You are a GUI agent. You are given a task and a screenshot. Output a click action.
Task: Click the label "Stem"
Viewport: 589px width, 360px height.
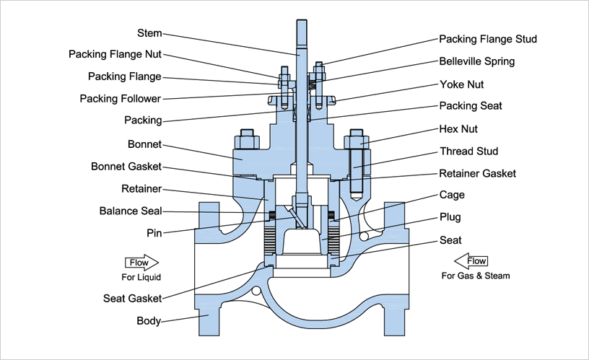(149, 33)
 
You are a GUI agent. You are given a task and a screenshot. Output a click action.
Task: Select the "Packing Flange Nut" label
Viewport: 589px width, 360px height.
(115, 54)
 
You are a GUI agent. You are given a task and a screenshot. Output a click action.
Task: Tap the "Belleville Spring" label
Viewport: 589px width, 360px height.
(476, 61)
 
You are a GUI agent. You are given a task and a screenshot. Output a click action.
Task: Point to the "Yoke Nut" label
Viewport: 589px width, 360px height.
(461, 84)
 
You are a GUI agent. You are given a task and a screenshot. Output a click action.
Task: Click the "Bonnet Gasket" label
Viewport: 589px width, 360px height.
(126, 167)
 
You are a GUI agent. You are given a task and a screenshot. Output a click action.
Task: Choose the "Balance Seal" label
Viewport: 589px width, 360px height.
(131, 211)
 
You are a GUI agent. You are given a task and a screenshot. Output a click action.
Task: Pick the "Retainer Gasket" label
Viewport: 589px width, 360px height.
(478, 174)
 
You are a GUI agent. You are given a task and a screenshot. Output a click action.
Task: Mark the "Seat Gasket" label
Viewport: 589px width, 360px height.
(131, 298)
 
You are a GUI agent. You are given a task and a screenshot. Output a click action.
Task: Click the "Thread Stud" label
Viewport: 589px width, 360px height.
(468, 152)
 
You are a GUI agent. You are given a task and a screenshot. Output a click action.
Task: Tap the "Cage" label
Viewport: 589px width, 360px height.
(452, 195)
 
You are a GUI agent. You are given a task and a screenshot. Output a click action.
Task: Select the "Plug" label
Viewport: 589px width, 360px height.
(450, 217)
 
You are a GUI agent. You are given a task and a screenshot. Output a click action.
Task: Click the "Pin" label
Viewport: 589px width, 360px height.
(154, 234)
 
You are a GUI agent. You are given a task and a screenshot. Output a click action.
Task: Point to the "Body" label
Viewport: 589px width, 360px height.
(149, 321)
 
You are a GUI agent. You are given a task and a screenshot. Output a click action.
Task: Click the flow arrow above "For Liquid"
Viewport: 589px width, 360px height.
(141, 263)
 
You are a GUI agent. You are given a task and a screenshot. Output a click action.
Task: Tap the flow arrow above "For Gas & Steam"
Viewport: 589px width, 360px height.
(472, 261)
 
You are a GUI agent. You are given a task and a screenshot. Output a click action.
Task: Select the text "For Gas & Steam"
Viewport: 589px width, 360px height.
(476, 276)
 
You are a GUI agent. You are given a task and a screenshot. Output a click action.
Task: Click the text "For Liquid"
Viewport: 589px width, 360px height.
(141, 277)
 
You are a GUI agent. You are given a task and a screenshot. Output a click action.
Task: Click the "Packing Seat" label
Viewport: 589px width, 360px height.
(471, 106)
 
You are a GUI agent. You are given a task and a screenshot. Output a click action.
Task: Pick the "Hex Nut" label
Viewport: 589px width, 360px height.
(458, 129)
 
